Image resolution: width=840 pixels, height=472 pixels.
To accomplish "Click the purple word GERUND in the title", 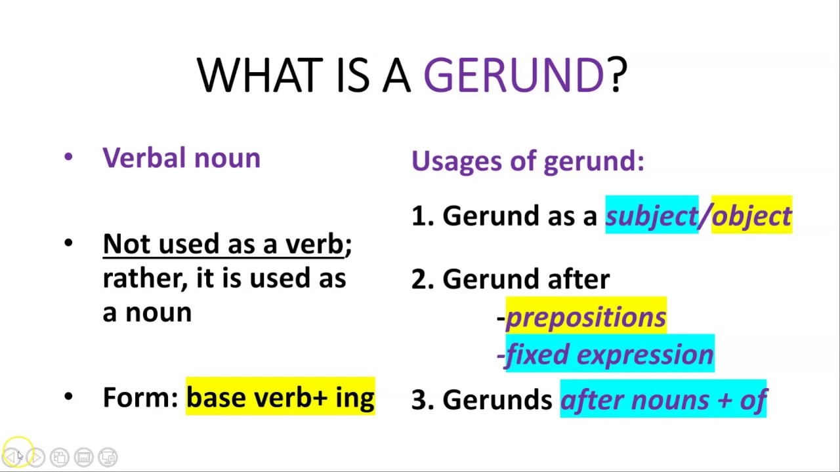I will pos(513,75).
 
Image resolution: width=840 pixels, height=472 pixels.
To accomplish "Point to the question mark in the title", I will pos(618,75).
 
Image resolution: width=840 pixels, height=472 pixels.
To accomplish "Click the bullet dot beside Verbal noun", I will pos(69,157).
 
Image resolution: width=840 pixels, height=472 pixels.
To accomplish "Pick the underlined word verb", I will pos(314,244).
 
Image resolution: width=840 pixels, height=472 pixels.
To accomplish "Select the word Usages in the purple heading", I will pos(450,161).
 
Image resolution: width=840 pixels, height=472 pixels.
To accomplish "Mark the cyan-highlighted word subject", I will pos(651,216).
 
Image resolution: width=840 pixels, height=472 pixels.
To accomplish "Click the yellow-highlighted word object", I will pos(751,216).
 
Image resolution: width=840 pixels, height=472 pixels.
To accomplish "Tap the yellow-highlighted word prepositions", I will pos(586,317).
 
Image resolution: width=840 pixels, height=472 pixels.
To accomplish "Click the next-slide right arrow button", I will pos(36,457).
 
